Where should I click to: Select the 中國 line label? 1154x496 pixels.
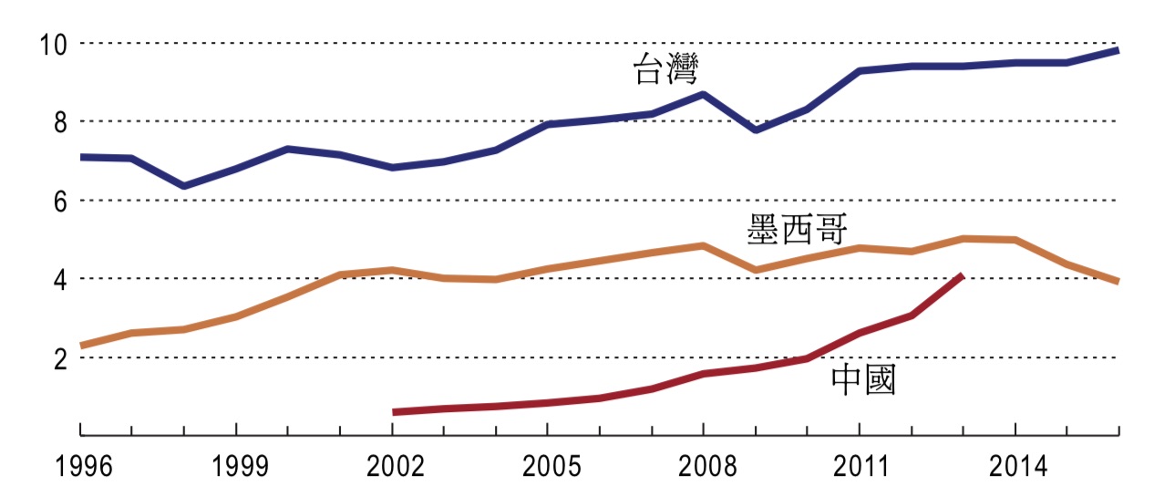(x=862, y=380)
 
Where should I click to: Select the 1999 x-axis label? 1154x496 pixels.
(x=236, y=468)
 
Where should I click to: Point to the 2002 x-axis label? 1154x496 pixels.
(x=392, y=468)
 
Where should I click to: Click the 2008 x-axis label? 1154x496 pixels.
(x=703, y=468)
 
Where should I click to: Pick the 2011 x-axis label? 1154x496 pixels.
(x=859, y=468)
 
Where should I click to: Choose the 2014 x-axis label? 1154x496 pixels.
(x=1015, y=468)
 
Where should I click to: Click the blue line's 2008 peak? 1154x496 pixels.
(x=703, y=94)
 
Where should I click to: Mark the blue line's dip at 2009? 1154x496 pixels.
(x=755, y=130)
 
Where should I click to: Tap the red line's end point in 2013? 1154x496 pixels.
(x=962, y=275)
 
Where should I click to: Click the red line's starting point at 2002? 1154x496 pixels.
(x=394, y=412)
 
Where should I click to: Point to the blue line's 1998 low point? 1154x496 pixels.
(x=184, y=186)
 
